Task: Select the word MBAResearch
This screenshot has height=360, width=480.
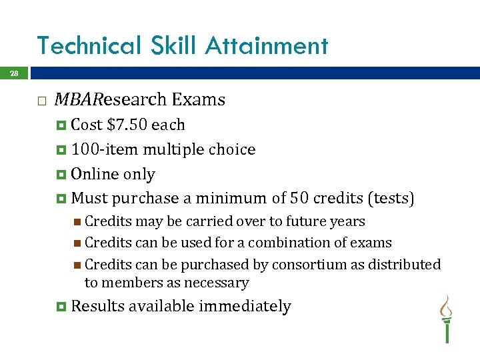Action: pos(110,100)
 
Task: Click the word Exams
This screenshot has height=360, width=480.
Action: pos(199,100)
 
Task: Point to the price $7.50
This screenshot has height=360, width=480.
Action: pos(127,125)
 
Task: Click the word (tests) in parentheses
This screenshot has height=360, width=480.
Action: pos(393,199)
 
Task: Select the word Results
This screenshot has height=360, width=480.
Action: pos(97,306)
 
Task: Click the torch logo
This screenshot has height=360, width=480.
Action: pos(445,319)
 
